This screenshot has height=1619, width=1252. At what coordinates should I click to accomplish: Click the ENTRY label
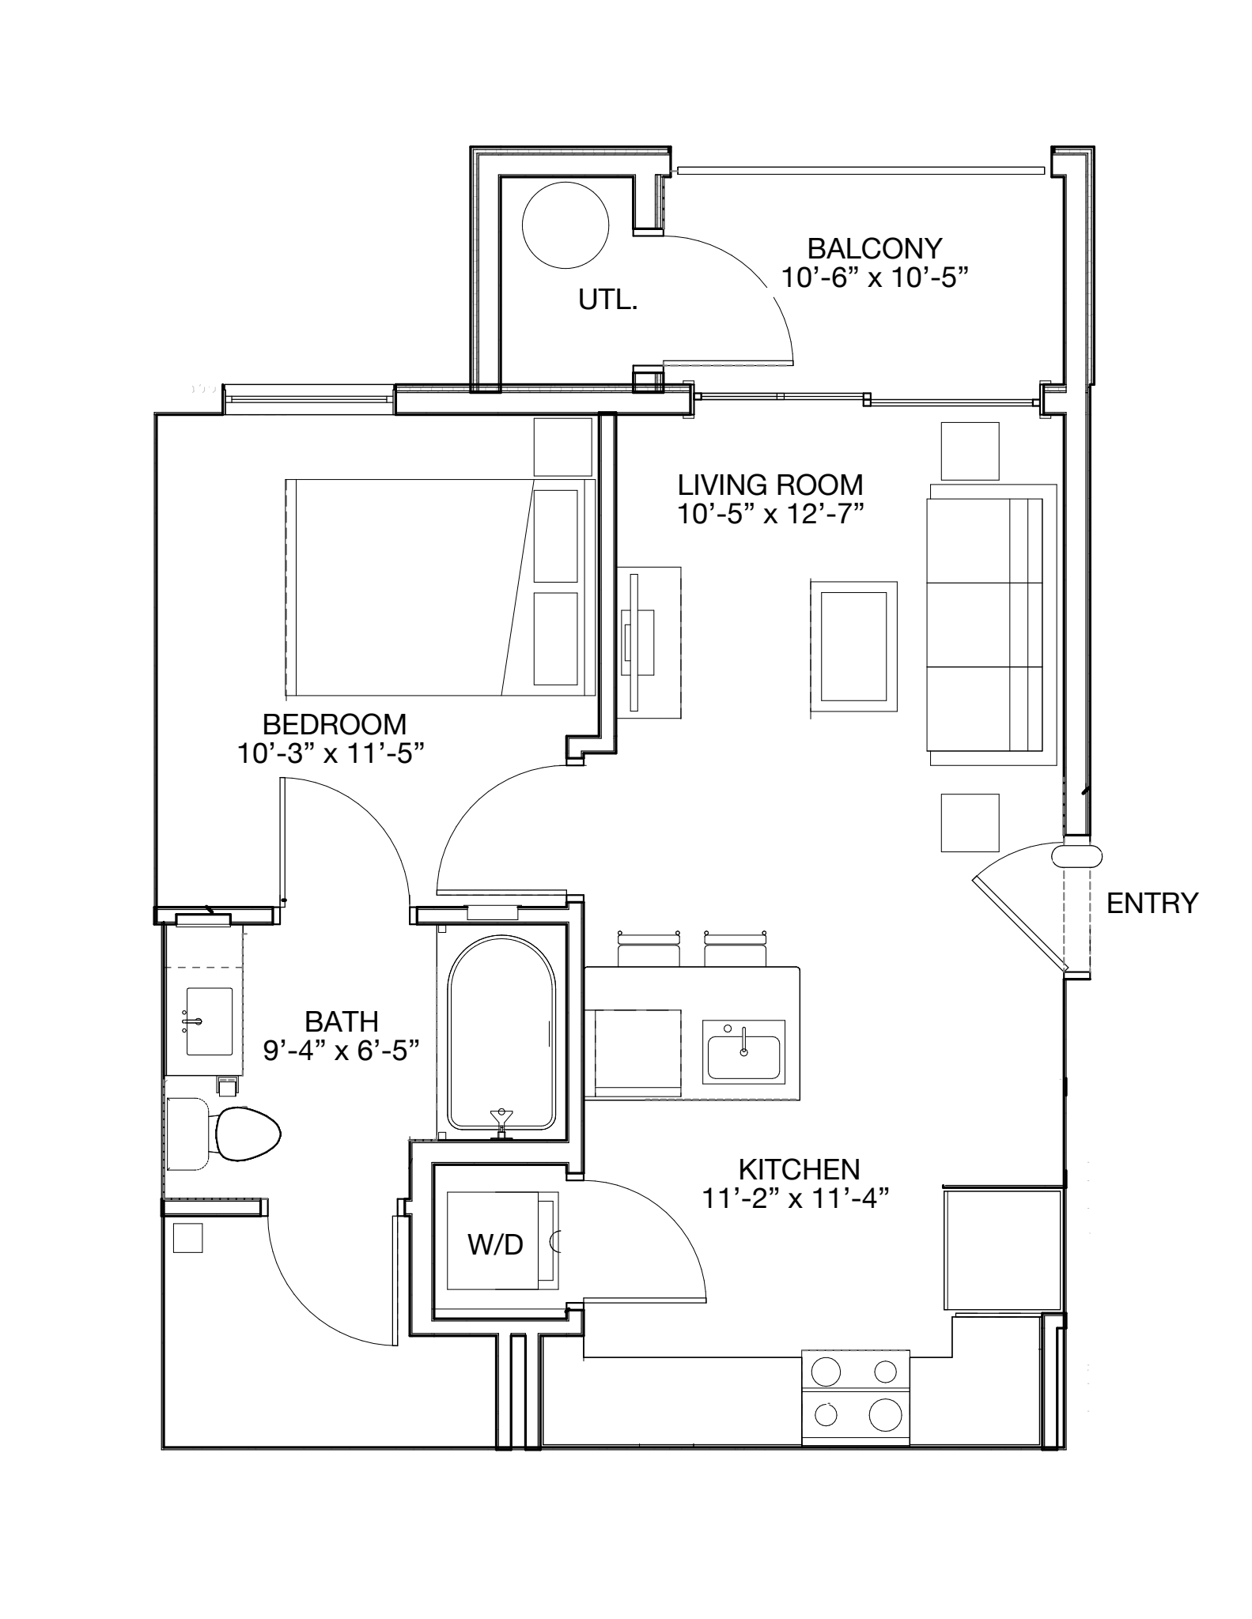click(x=1152, y=903)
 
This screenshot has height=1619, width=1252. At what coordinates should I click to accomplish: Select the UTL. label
click(x=608, y=300)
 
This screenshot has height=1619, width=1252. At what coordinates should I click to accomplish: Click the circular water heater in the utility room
click(x=565, y=225)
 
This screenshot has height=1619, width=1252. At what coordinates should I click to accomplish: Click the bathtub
click(x=502, y=1032)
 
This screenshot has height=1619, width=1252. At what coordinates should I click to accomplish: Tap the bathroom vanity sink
click(x=210, y=1021)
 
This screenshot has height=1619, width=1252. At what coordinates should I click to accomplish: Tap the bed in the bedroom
click(x=440, y=587)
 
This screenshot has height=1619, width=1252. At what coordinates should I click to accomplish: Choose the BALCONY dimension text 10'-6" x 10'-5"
click(x=875, y=277)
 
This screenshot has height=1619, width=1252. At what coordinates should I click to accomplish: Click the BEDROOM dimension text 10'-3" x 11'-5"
click(x=331, y=753)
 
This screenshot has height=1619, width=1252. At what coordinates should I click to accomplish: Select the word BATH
click(x=342, y=1021)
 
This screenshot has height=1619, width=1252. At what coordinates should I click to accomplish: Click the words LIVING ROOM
click(x=770, y=484)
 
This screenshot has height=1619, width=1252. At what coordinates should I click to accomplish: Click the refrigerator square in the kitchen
click(x=1002, y=1250)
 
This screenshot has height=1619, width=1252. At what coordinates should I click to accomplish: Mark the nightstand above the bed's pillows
click(x=563, y=447)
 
